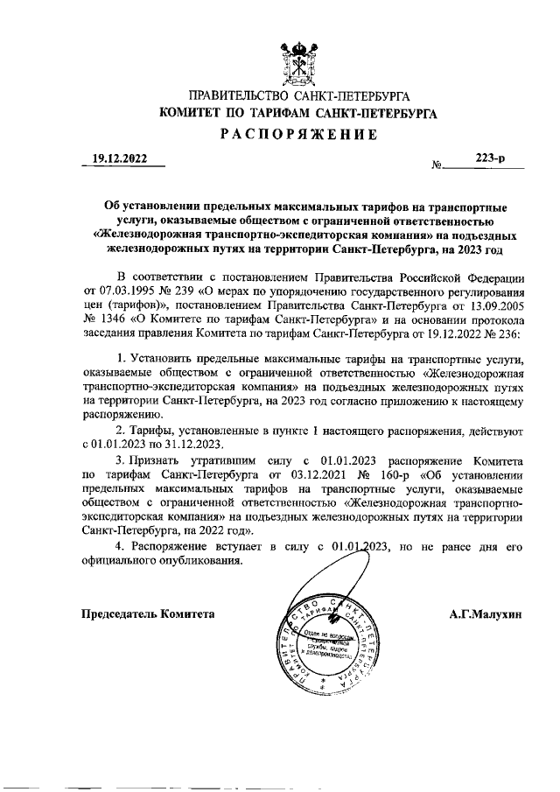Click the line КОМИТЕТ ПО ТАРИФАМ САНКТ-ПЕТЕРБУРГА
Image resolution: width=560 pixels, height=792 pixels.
tap(297, 113)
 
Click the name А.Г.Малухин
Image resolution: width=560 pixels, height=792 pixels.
tap(486, 613)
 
